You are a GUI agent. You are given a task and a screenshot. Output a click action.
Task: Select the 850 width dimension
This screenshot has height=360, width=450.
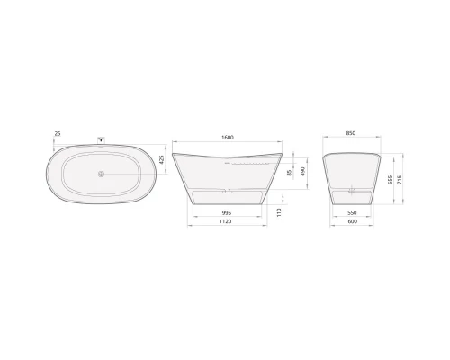point(350,134)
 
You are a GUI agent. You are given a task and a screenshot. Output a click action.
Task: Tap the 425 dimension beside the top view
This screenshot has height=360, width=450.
point(161,159)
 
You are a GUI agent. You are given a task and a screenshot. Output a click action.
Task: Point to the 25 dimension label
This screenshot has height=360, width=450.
point(58,133)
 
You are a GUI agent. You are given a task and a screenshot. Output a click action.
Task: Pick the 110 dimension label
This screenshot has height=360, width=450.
point(280,212)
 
